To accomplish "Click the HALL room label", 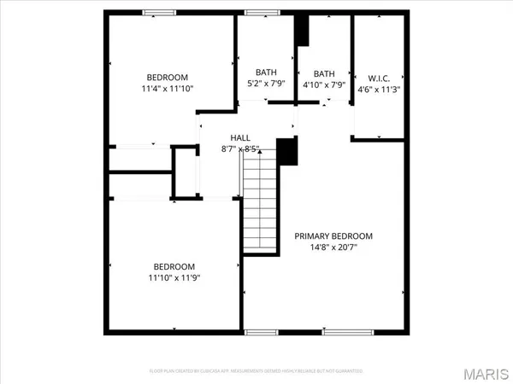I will [240, 137].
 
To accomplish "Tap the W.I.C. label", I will [378, 73].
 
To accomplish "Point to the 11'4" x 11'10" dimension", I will [167, 89].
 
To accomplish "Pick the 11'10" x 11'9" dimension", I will [174, 277].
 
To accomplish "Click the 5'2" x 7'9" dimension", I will [266, 84].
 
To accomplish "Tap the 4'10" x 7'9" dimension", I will [324, 84].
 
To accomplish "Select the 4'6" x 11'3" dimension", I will [378, 86].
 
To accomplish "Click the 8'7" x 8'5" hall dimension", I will [240, 149].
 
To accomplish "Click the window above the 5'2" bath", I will [256, 12].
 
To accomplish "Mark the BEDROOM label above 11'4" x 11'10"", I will [167, 77].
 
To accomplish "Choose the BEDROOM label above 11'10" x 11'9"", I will [174, 265].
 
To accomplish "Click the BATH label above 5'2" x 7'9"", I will [266, 73].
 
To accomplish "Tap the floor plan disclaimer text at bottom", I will [256, 371].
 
